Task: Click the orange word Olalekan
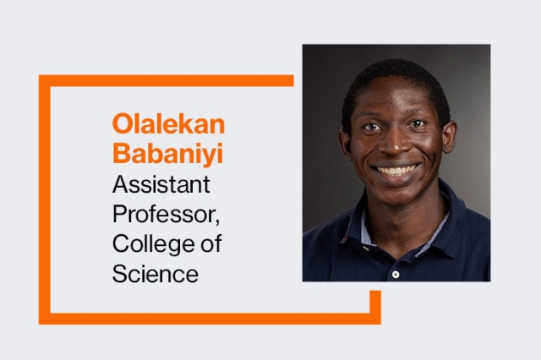tap(168, 125)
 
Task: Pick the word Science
tap(156, 274)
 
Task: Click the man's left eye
tap(420, 128)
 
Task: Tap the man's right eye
tap(372, 128)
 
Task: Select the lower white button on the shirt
tap(395, 274)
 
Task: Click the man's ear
tap(445, 140)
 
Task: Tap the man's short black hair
tap(395, 74)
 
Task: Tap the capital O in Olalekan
tap(121, 125)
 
